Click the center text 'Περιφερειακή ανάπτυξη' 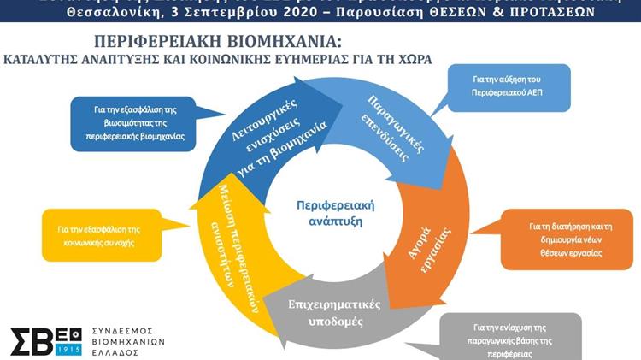(336, 213)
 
